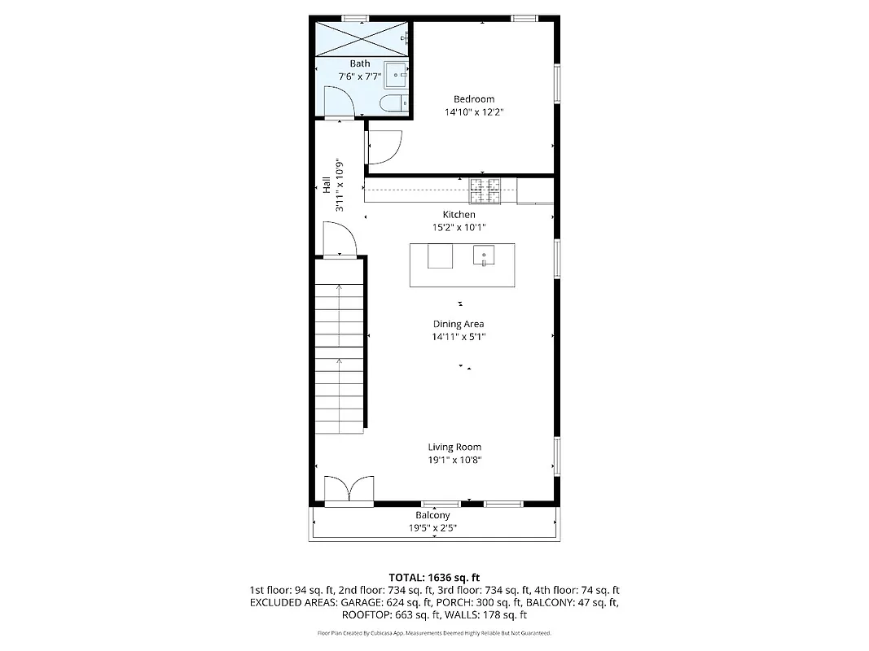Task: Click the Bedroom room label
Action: click(474, 99)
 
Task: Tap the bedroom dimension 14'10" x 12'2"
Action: click(474, 112)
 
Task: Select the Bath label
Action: click(360, 63)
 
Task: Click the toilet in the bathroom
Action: click(393, 103)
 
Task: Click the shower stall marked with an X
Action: click(361, 38)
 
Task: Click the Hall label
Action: click(326, 186)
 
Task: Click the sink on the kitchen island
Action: click(484, 256)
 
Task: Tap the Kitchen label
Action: click(459, 215)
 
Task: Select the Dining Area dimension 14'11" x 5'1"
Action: click(459, 337)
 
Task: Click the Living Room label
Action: click(454, 447)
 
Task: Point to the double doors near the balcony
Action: click(349, 490)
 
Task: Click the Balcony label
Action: click(432, 515)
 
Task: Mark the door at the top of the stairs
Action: click(338, 241)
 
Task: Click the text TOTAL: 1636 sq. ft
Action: click(433, 576)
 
